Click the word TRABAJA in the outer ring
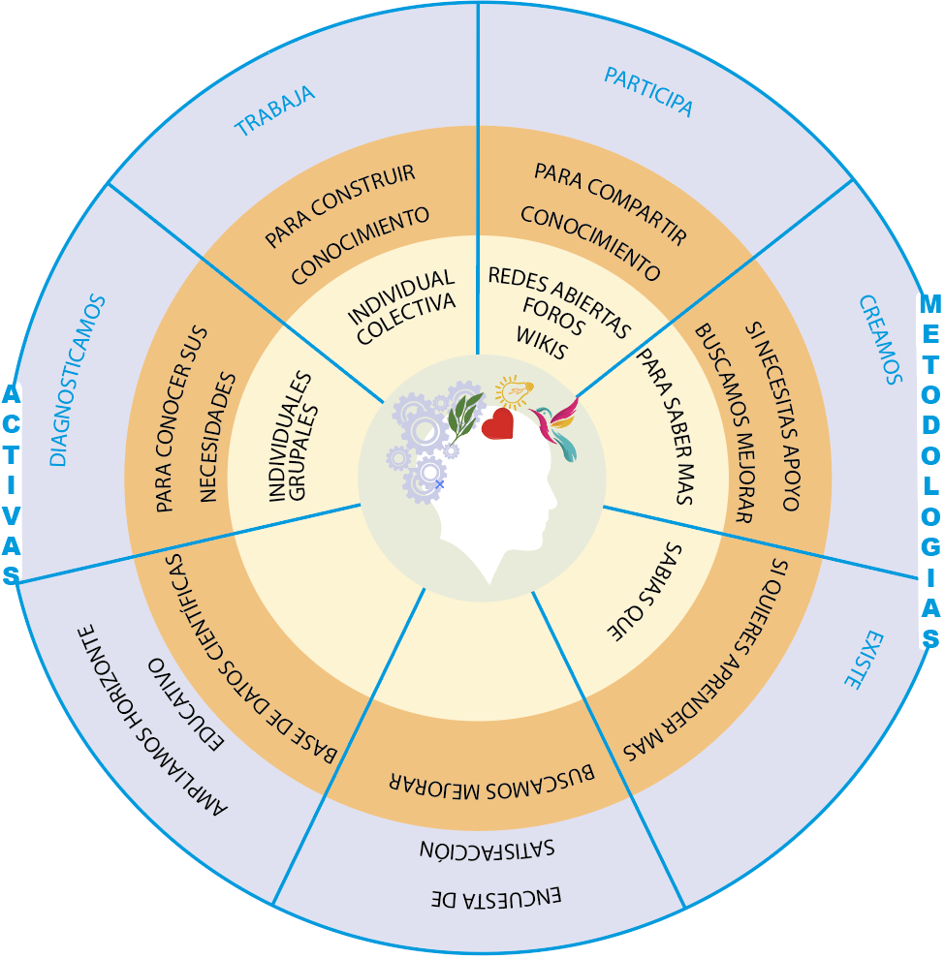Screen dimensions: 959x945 pyautogui.click(x=275, y=110)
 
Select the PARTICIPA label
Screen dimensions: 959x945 pyautogui.click(x=648, y=91)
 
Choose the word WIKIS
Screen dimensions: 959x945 pyautogui.click(x=541, y=341)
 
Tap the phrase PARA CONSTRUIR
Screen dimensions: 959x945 pyautogui.click(x=341, y=205)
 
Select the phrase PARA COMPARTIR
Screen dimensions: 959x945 pyautogui.click(x=611, y=203)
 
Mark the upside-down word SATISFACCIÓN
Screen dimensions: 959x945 pyautogui.click(x=488, y=850)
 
